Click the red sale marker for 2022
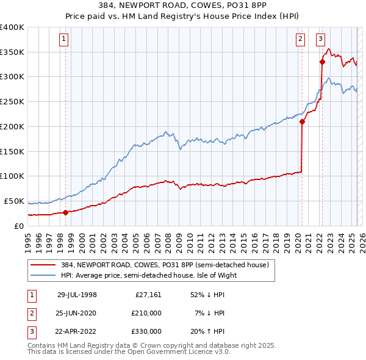click(x=322, y=61)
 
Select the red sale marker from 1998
click(x=66, y=212)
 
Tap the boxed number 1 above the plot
click(x=64, y=40)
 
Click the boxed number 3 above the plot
click(x=320, y=40)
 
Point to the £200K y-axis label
click(x=12, y=126)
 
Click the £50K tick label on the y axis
click(x=14, y=201)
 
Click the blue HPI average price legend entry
click(x=148, y=275)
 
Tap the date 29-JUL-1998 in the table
click(x=77, y=295)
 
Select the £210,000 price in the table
click(x=147, y=313)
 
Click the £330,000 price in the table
click(x=147, y=331)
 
